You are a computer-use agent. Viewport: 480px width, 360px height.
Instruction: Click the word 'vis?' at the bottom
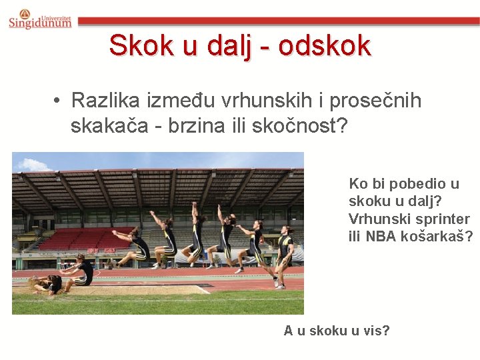coord(376,330)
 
